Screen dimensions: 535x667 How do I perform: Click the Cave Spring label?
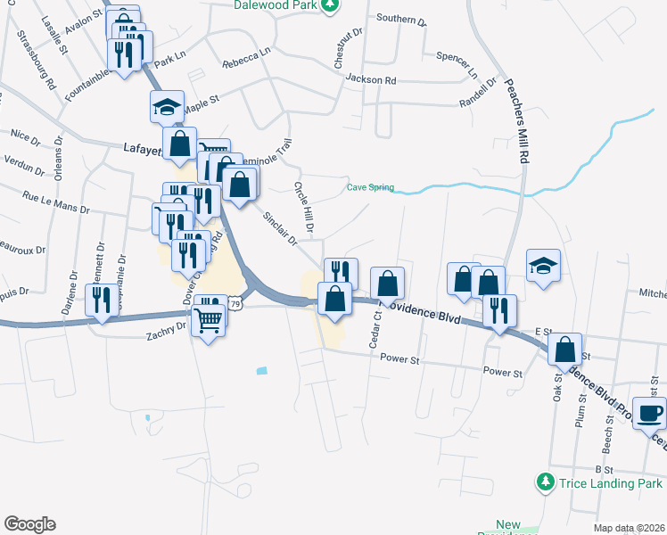(370, 188)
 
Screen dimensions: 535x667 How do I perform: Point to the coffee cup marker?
(649, 413)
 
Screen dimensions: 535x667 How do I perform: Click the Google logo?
(29, 524)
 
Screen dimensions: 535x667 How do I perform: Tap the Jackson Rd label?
(370, 80)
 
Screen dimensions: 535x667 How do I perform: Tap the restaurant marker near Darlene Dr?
(101, 300)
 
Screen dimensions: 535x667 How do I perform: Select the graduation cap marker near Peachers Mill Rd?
(543, 265)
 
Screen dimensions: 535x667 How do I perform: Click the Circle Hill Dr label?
(304, 208)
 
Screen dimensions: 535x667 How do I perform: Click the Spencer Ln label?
(457, 63)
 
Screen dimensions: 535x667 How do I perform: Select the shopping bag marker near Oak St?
(565, 350)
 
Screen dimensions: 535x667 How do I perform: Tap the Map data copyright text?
(629, 528)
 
